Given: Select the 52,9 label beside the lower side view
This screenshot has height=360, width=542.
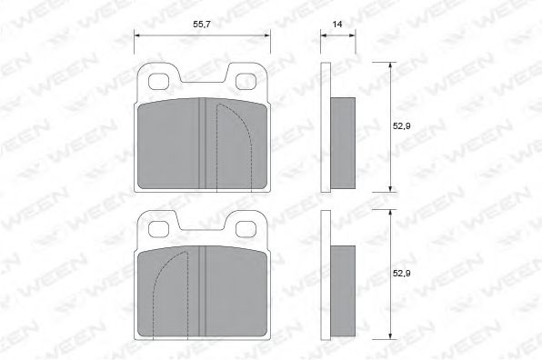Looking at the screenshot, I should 402,273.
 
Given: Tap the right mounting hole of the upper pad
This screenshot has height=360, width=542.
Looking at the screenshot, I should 247,82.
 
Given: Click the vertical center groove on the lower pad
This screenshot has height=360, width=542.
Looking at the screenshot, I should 203,291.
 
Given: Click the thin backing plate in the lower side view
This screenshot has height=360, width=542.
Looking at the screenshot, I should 326,274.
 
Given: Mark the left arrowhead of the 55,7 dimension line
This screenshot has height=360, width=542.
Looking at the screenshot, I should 138,35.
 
